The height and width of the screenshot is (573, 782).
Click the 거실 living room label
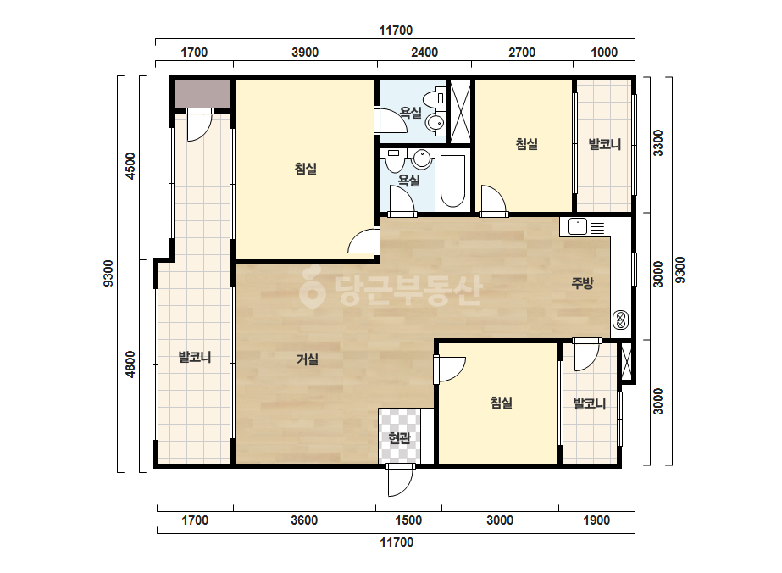(x=308, y=359)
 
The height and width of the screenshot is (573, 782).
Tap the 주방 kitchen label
(x=582, y=283)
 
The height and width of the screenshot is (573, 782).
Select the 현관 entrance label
(x=399, y=437)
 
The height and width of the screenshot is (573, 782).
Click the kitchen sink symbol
(x=578, y=226)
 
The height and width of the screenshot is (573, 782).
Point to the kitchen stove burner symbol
(x=621, y=320)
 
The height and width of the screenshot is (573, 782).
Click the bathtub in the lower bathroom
(x=452, y=181)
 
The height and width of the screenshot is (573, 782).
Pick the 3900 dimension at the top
(x=305, y=53)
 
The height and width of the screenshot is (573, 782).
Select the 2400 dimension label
(x=424, y=53)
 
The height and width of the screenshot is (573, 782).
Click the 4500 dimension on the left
(x=130, y=165)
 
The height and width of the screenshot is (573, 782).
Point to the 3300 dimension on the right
(x=658, y=142)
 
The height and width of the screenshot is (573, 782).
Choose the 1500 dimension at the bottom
(x=408, y=520)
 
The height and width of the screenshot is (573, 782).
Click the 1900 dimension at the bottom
(x=596, y=520)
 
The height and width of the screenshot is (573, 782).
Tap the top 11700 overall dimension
(x=396, y=31)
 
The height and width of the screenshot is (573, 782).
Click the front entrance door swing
(x=401, y=480)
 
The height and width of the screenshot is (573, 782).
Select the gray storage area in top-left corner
(x=202, y=93)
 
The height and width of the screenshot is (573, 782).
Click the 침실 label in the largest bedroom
(x=306, y=169)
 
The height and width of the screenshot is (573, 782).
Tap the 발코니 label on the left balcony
(x=195, y=357)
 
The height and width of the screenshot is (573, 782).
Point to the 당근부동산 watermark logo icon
(x=312, y=287)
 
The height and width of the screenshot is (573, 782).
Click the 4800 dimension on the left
(x=130, y=364)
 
